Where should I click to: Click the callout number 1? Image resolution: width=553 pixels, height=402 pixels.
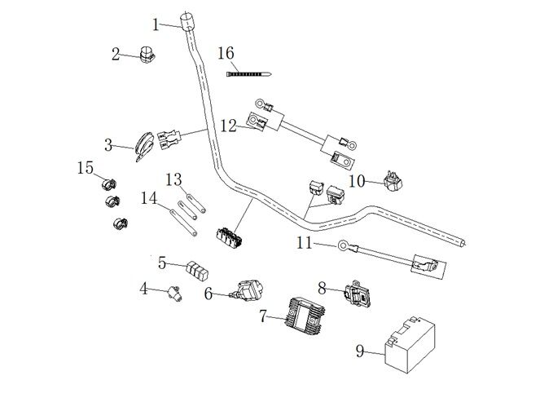click(156, 24)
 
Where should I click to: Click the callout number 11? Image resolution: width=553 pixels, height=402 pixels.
click(304, 242)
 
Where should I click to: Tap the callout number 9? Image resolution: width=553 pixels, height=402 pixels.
click(359, 351)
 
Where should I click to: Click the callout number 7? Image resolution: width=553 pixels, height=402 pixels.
click(262, 316)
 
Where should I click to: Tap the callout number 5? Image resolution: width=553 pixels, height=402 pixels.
click(162, 263)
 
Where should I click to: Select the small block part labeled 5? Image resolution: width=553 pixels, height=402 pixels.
click(197, 269)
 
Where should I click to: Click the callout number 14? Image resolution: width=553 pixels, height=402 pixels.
click(148, 197)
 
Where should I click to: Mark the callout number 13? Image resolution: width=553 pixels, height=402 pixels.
click(173, 179)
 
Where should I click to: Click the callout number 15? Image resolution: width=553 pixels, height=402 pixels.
click(86, 167)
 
